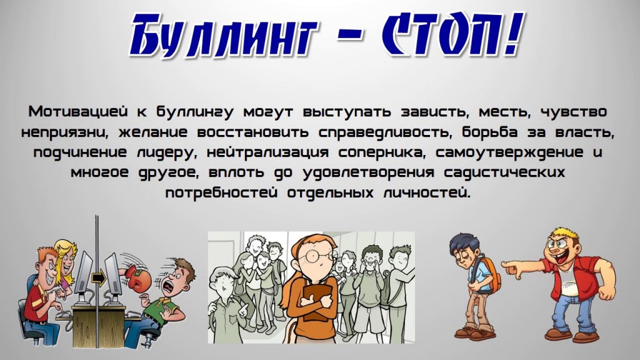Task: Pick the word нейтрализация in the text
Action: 267,153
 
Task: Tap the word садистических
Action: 504,172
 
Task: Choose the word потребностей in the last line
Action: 221,192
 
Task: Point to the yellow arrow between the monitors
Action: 98,278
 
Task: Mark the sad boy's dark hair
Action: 462,243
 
